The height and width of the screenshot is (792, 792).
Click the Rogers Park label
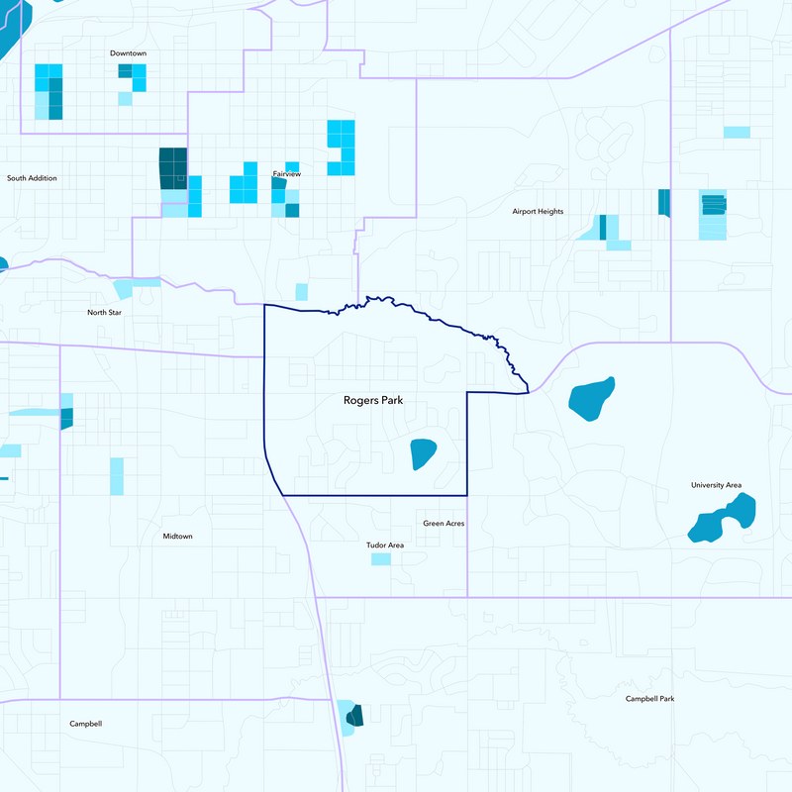[x=373, y=401]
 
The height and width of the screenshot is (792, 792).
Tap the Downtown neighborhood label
[x=129, y=52]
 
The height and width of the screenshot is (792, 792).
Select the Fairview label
[x=286, y=174]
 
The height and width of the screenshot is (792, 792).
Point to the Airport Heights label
[x=538, y=212]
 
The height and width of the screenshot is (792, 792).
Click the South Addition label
[x=32, y=178]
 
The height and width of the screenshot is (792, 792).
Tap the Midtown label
[x=177, y=537]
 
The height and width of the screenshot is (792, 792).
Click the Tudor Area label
[x=385, y=545]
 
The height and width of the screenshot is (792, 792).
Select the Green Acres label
[x=444, y=524]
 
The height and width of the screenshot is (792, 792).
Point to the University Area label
[x=716, y=485]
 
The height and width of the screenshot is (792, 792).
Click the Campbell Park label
[x=649, y=699]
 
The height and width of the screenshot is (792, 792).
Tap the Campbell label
[x=85, y=724]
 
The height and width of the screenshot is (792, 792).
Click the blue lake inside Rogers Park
[x=424, y=453]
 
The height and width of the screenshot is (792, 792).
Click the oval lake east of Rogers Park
[x=592, y=398]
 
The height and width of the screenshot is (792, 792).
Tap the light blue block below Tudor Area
[x=381, y=559]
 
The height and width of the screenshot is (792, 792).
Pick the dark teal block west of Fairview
[x=172, y=168]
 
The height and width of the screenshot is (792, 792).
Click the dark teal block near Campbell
[x=354, y=716]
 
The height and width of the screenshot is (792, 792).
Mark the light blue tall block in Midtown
[x=117, y=475]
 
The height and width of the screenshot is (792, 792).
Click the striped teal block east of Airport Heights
[x=713, y=205]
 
